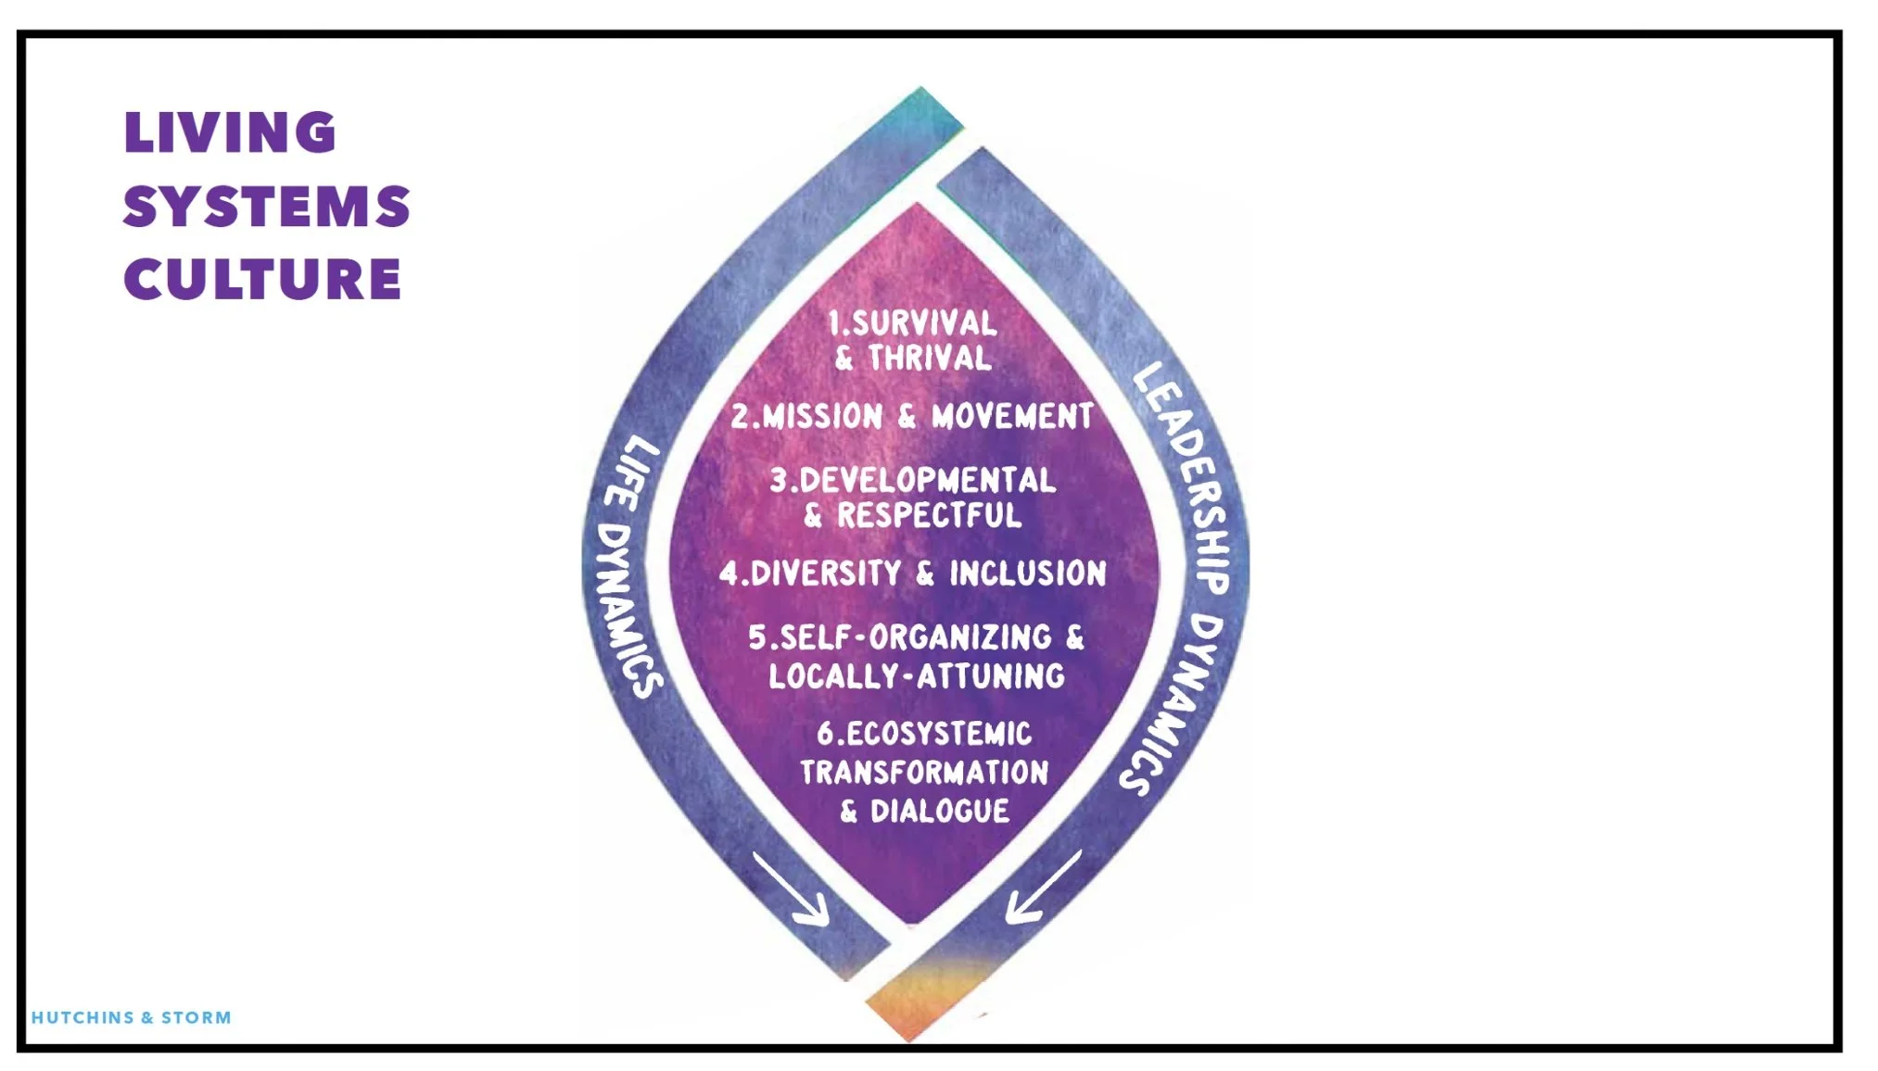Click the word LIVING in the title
pos(230,132)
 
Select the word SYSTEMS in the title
pos(267,206)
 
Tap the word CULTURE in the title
pos(263,279)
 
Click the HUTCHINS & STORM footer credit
pos(132,1017)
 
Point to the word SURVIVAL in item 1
pos(924,323)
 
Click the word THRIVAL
pos(929,359)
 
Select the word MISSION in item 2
pos(821,417)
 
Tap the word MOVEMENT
pos(1012,417)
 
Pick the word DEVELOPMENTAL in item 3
pos(927,480)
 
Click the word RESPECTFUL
pos(929,516)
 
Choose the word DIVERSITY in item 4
pos(825,573)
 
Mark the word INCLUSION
pos(1027,573)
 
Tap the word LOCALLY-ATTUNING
pos(917,676)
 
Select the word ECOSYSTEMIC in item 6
pos(938,734)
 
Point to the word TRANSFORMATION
pos(924,773)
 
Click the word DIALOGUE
pos(939,812)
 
